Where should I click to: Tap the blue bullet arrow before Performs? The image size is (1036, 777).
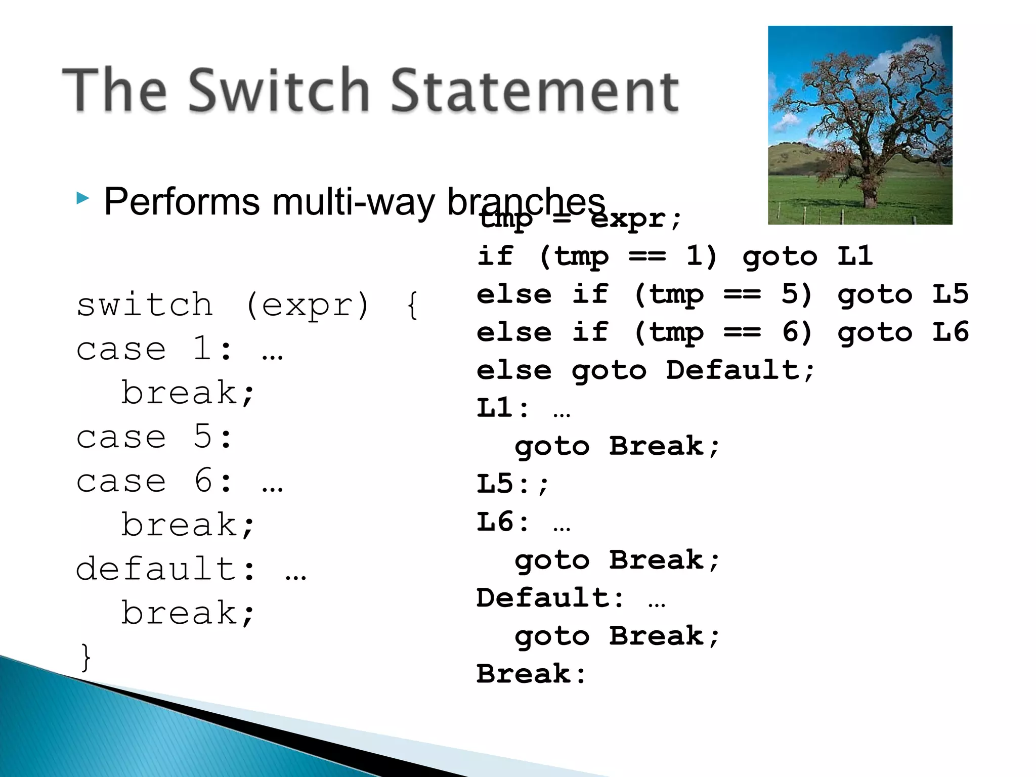pyautogui.click(x=83, y=198)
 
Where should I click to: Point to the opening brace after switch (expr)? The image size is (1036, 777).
pyautogui.click(x=412, y=305)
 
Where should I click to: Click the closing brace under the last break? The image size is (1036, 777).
pyautogui.click(x=86, y=657)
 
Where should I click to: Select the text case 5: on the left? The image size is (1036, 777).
pyautogui.click(x=154, y=437)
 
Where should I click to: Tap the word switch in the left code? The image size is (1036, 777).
pyautogui.click(x=145, y=305)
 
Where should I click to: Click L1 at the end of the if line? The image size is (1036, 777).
pyautogui.click(x=855, y=256)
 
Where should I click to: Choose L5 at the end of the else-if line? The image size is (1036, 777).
pyautogui.click(x=950, y=294)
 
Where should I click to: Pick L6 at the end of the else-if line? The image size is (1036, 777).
pyautogui.click(x=950, y=332)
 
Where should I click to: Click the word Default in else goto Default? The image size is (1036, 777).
pyautogui.click(x=731, y=370)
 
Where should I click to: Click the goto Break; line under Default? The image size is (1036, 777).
pyautogui.click(x=616, y=636)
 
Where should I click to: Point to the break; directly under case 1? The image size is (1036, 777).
pyautogui.click(x=187, y=393)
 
